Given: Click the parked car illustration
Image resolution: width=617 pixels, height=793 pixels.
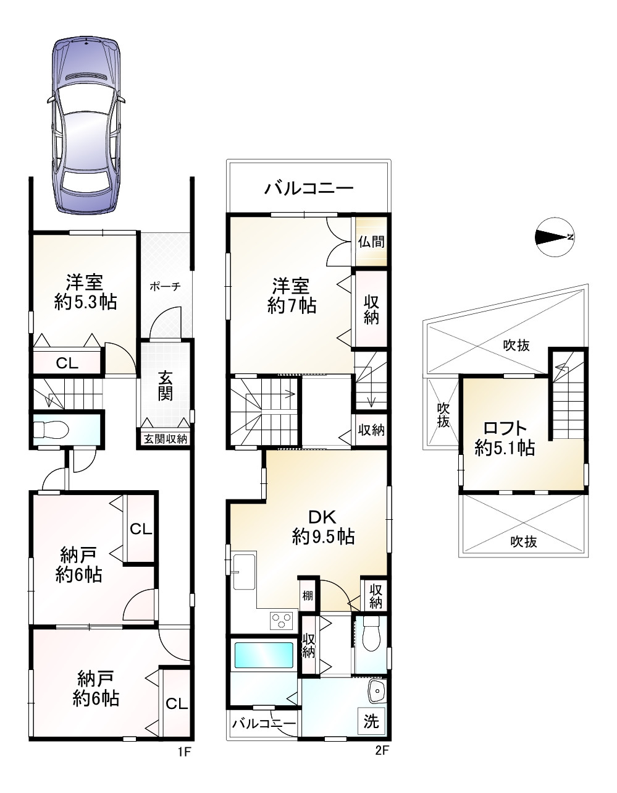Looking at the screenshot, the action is (x=86, y=125).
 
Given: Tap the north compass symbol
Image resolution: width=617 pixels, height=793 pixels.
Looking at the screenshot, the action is (x=554, y=237).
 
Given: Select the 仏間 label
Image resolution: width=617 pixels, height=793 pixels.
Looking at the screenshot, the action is (x=371, y=241).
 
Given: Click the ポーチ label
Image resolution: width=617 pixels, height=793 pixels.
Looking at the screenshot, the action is (x=165, y=286).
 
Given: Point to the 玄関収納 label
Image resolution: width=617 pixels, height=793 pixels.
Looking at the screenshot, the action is (x=166, y=439).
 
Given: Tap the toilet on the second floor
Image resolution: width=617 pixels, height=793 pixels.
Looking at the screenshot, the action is (x=371, y=634).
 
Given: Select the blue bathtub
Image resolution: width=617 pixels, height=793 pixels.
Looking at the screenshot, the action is (x=264, y=655).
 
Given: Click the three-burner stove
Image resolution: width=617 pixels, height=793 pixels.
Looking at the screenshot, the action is (x=281, y=620).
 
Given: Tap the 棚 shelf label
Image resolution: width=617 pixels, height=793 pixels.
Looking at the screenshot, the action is (x=308, y=596).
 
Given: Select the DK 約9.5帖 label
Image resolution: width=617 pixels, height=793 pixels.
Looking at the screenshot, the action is (x=323, y=526).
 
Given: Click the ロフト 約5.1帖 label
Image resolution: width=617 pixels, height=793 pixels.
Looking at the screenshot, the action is (x=505, y=438).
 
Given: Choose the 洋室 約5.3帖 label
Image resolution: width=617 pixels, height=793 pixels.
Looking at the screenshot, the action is (x=86, y=292).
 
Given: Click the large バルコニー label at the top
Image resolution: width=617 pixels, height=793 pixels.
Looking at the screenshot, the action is (x=309, y=189).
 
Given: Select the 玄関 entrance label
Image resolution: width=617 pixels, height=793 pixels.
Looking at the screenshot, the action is (x=165, y=386).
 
